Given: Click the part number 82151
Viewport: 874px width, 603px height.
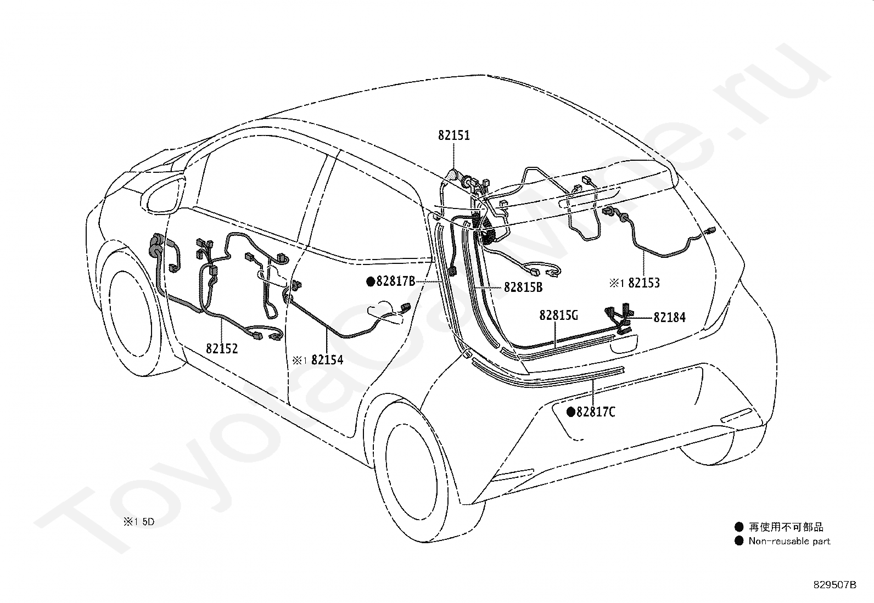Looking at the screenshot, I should tap(454, 135).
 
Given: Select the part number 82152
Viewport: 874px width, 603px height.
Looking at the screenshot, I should tap(222, 348).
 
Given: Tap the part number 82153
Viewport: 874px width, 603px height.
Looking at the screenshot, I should tap(644, 283).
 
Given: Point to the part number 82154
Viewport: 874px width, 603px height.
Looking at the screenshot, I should tap(327, 360).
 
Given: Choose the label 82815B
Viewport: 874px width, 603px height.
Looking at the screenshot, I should tap(523, 287).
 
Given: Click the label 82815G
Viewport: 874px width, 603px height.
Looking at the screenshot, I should tap(559, 315).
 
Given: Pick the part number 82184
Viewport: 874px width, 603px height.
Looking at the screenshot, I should tap(669, 317).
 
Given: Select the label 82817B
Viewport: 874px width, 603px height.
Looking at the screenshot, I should tap(395, 281).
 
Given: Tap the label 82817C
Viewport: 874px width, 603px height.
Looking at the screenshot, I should tap(596, 412).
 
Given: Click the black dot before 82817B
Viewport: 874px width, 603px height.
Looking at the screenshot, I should tap(371, 282).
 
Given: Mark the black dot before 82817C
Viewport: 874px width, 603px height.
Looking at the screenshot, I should tap(571, 412).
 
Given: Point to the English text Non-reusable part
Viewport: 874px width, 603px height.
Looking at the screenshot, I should tap(789, 541).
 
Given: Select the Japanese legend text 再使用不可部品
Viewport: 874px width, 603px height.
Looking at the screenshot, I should tap(786, 527).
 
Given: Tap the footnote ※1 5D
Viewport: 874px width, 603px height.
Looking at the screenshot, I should tap(139, 522).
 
